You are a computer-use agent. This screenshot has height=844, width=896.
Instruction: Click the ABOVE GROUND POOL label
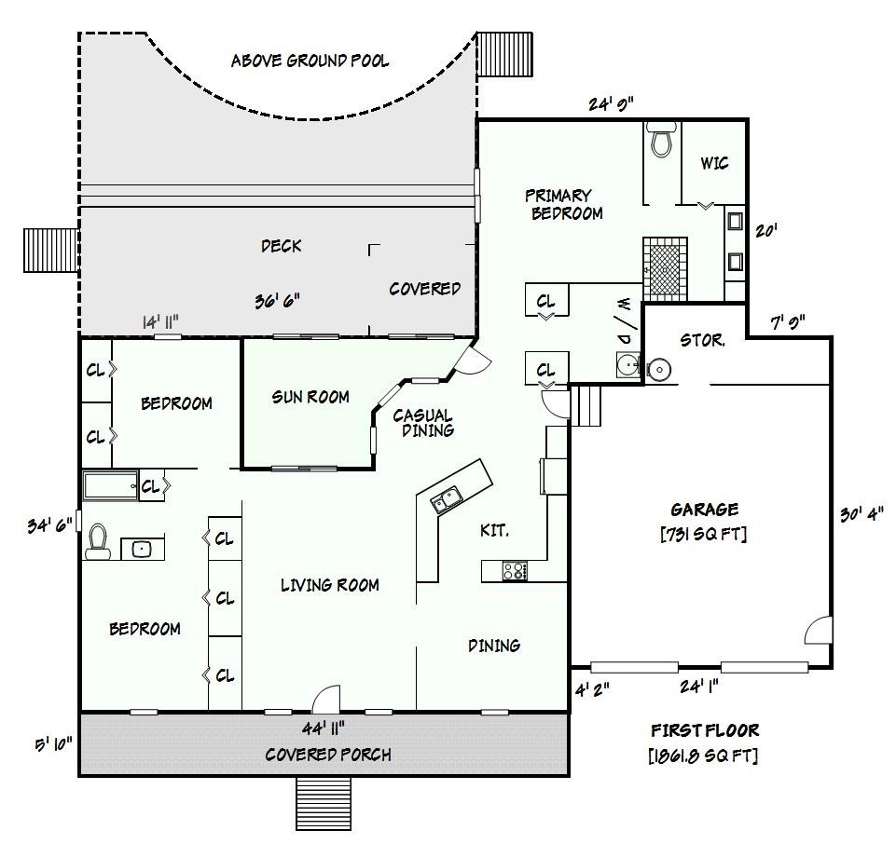[x=310, y=61]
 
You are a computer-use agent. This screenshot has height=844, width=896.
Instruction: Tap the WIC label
[x=714, y=163]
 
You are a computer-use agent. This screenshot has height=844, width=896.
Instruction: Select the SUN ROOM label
[x=310, y=397]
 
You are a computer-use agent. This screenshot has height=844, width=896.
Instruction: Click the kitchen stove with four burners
[x=515, y=571]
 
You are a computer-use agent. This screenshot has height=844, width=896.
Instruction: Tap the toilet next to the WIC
[x=661, y=139]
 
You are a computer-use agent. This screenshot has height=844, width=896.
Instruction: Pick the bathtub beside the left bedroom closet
[x=111, y=486]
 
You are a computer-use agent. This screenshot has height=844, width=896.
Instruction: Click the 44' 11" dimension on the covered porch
[x=323, y=728]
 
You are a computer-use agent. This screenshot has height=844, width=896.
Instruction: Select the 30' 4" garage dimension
[x=862, y=514]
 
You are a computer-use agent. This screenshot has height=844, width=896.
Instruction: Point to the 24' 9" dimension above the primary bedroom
[x=611, y=104]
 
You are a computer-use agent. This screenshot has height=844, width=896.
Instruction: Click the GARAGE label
[x=704, y=510]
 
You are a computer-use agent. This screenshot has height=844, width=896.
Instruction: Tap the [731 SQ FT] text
[x=703, y=535]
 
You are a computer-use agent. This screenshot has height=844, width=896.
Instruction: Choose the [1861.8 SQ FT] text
[x=703, y=756]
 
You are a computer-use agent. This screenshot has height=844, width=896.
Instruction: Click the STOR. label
[x=702, y=341]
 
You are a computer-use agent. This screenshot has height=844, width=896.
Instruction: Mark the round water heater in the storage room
[x=659, y=370]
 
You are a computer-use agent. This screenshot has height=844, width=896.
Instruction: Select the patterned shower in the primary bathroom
[x=665, y=268]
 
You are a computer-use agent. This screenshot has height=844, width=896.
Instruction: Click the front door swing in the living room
[x=327, y=699]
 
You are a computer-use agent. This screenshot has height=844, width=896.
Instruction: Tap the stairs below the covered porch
[x=324, y=803]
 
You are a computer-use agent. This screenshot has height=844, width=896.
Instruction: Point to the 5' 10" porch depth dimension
[x=54, y=744]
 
